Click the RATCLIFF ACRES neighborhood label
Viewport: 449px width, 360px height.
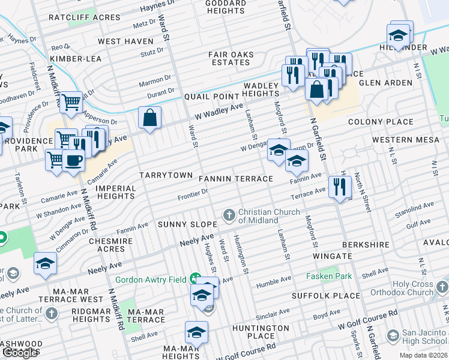pyautogui.click(x=85, y=17)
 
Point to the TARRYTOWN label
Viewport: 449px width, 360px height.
pyautogui.click(x=166, y=175)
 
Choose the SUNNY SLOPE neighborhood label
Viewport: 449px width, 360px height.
pyautogui.click(x=187, y=224)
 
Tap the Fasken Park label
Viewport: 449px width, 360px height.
pyautogui.click(x=328, y=276)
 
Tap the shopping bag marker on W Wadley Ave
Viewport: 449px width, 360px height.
pyautogui.click(x=149, y=117)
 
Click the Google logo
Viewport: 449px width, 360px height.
pyautogui.click(x=20, y=353)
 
